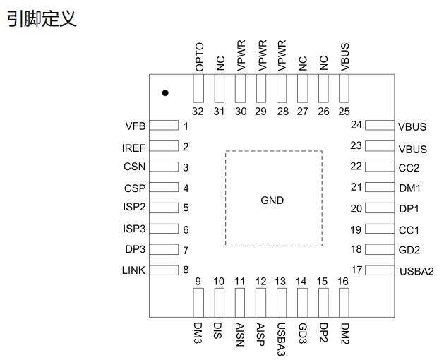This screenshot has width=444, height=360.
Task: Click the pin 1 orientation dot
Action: (x=165, y=92)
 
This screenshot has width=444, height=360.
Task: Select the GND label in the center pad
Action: (x=272, y=200)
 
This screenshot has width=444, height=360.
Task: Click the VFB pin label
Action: (x=135, y=126)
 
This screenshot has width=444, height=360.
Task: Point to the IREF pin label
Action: (x=133, y=148)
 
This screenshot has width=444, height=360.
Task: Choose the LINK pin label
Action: (x=133, y=270)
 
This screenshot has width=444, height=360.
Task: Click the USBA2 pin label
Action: (x=416, y=271)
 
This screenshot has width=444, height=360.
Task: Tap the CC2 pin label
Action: (x=409, y=168)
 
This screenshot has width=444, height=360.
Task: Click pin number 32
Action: (x=198, y=111)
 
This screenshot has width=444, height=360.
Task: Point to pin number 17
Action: (x=356, y=269)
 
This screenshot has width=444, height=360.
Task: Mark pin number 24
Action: (x=356, y=125)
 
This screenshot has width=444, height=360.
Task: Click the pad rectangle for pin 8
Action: (x=165, y=270)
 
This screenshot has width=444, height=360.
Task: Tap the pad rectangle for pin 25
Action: (x=344, y=89)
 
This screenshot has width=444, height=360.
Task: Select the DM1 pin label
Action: (x=409, y=188)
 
